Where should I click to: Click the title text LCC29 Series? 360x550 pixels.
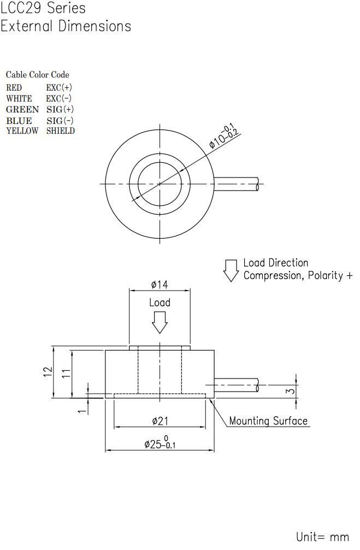(x=43, y=8)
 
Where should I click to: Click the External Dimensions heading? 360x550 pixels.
(x=66, y=26)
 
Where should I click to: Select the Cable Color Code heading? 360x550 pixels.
(x=38, y=75)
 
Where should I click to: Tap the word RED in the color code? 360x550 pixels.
(x=14, y=87)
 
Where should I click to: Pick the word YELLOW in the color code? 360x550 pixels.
(x=22, y=131)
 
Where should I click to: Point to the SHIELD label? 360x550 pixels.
(x=61, y=131)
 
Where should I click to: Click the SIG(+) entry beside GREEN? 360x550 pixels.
(x=60, y=109)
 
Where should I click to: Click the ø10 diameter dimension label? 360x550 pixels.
(x=225, y=137)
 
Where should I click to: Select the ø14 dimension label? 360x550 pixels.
(x=160, y=285)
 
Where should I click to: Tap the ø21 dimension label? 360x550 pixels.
(x=160, y=421)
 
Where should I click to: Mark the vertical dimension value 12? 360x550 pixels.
(x=48, y=371)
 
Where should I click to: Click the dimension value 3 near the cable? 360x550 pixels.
(x=291, y=391)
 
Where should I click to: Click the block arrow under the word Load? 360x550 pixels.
(x=160, y=322)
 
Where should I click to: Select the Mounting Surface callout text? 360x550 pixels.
(x=268, y=421)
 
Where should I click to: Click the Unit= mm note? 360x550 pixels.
(x=322, y=537)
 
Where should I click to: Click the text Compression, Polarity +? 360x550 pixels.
(x=298, y=275)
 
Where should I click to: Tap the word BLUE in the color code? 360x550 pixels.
(x=19, y=120)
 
